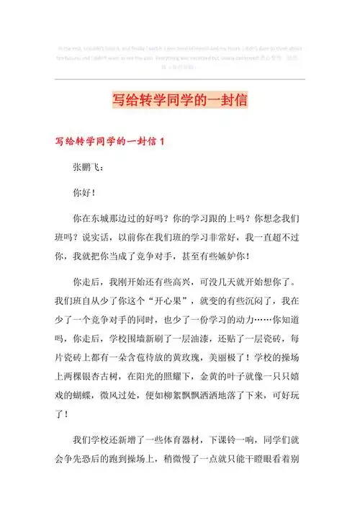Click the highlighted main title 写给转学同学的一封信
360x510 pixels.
(x=180, y=99)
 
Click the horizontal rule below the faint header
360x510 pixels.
(x=180, y=78)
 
